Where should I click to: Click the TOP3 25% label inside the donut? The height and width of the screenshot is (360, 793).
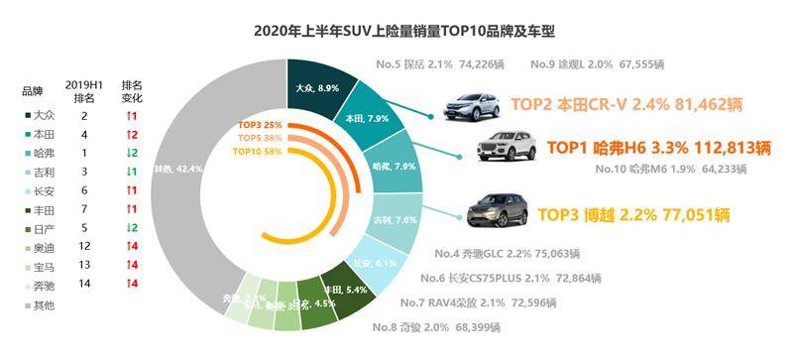pos(260,125)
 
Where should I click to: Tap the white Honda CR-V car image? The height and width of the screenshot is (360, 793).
pos(473,102)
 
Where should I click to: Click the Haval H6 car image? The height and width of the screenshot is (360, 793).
pos(507,148)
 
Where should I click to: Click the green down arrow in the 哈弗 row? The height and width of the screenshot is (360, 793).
pos(128,152)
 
